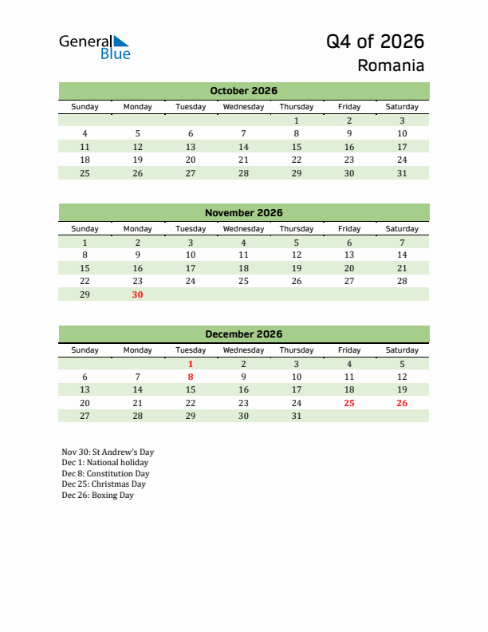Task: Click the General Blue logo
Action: pyautogui.click(x=94, y=46)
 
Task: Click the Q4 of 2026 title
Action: pyautogui.click(x=375, y=41)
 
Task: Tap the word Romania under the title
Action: pyautogui.click(x=391, y=65)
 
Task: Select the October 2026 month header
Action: pyautogui.click(x=243, y=91)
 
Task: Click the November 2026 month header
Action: pyautogui.click(x=243, y=212)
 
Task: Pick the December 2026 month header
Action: pyautogui.click(x=243, y=334)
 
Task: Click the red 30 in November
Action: pyautogui.click(x=137, y=294)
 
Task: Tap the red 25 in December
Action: pyautogui.click(x=348, y=403)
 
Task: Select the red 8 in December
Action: pyautogui.click(x=190, y=377)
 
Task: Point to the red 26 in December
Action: pyautogui.click(x=401, y=403)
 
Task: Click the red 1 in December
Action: pyautogui.click(x=190, y=364)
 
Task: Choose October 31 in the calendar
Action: pyautogui.click(x=401, y=173)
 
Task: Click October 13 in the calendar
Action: pyautogui.click(x=190, y=147)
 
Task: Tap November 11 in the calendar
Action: pyautogui.click(x=243, y=255)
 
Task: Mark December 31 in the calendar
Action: pyautogui.click(x=296, y=416)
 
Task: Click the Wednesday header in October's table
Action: pyautogui.click(x=243, y=107)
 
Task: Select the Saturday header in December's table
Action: pyautogui.click(x=401, y=350)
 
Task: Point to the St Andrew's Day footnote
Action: pyautogui.click(x=108, y=452)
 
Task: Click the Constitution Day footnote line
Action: pyautogui.click(x=105, y=473)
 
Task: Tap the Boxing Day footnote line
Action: pyautogui.click(x=97, y=495)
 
